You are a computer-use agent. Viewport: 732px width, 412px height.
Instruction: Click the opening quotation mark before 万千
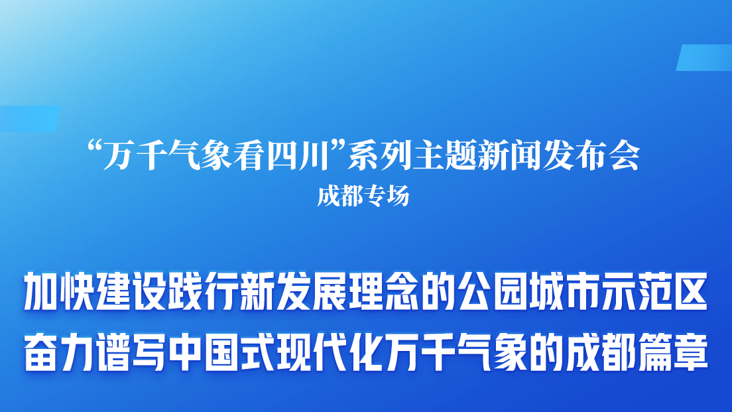[95, 149]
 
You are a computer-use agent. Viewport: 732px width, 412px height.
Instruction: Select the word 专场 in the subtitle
[387, 196]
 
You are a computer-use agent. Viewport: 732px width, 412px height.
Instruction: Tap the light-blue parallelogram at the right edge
[705, 58]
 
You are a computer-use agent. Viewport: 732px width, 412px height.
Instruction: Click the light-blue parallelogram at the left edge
[29, 119]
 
